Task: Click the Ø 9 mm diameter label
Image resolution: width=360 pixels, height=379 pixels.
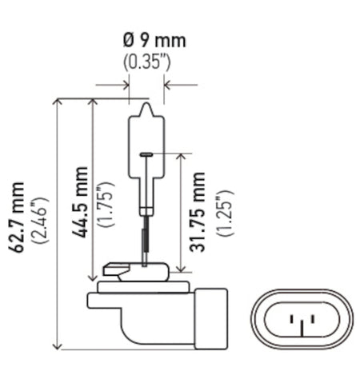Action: tap(146, 41)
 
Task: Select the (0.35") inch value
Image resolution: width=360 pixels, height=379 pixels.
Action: tap(146, 60)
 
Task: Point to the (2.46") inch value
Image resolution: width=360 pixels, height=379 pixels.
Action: tap(39, 228)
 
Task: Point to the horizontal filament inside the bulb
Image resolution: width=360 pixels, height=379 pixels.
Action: tap(146, 154)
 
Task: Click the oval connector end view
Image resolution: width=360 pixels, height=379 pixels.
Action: tap(302, 324)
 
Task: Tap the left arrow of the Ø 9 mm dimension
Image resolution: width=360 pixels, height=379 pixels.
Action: tap(122, 84)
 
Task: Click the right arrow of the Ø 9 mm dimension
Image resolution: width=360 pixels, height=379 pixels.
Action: tap(168, 84)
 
